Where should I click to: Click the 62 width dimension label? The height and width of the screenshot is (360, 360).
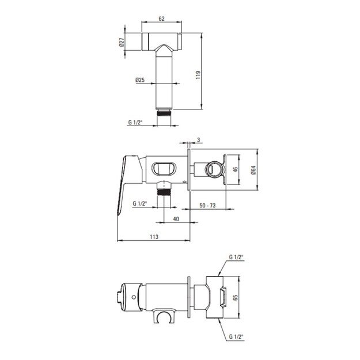click(161, 18)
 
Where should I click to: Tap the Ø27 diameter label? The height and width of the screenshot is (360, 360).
click(122, 42)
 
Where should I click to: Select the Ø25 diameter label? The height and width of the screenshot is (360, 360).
click(140, 80)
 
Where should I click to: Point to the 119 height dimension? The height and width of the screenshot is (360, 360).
click(198, 75)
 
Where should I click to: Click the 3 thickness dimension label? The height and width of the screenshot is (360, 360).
click(199, 139)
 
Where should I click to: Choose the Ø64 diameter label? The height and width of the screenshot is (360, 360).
click(253, 170)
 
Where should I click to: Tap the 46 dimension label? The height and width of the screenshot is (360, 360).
click(236, 170)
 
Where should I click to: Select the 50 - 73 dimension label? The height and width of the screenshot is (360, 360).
click(207, 205)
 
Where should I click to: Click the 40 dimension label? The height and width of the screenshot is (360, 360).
click(176, 219)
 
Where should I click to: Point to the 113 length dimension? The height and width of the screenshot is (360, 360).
click(154, 237)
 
